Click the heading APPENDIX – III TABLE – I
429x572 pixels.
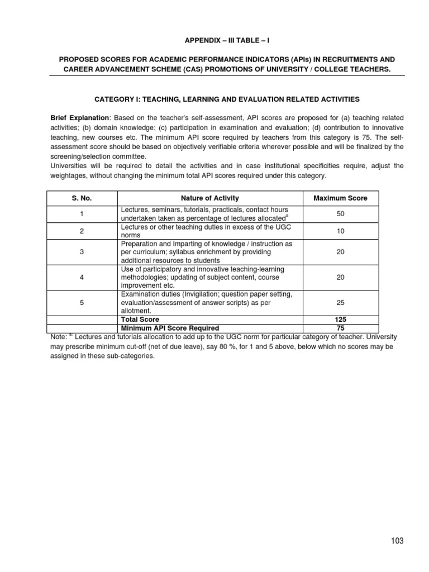[214, 41]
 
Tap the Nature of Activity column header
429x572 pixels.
[209, 198]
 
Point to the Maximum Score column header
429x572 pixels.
[340, 198]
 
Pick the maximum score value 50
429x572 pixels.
[340, 213]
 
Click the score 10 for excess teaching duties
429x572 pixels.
[340, 231]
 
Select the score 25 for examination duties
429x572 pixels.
[340, 303]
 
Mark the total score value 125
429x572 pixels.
[340, 320]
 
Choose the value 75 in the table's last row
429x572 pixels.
[340, 328]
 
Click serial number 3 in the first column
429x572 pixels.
[82, 252]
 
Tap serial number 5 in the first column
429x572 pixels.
[82, 303]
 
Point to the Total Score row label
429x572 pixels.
[140, 320]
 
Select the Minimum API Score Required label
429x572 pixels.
[170, 328]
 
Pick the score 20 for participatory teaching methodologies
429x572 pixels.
[340, 278]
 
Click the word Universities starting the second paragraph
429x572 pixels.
[69, 166]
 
